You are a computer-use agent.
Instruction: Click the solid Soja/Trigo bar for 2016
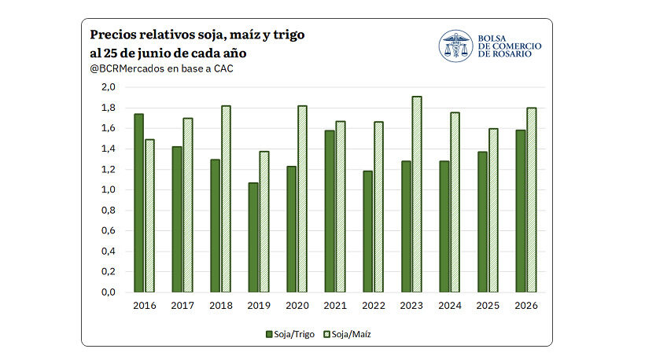(139, 203)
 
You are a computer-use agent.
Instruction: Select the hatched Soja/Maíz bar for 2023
(417, 194)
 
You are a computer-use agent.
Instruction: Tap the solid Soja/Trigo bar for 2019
(253, 237)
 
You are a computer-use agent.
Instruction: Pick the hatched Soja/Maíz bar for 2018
(226, 199)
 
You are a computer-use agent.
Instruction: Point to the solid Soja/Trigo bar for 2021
(330, 211)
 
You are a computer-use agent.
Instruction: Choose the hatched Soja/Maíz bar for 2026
(531, 200)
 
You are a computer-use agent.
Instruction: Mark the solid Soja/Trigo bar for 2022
(368, 232)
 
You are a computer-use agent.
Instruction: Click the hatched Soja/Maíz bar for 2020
(302, 199)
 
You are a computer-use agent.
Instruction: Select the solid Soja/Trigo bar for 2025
(482, 222)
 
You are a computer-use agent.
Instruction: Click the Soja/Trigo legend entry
(290, 335)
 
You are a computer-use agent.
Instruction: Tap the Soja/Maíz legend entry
(348, 335)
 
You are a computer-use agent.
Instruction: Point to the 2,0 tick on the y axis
(109, 87)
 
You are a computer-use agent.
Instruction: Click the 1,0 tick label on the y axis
(109, 189)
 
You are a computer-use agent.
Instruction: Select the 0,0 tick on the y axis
(109, 292)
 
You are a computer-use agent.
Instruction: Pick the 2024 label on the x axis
(450, 306)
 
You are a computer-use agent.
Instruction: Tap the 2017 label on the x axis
(182, 306)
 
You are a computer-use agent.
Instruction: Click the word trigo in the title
(289, 35)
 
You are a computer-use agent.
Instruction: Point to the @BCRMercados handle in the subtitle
(127, 69)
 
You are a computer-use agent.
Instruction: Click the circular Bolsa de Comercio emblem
(455, 46)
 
